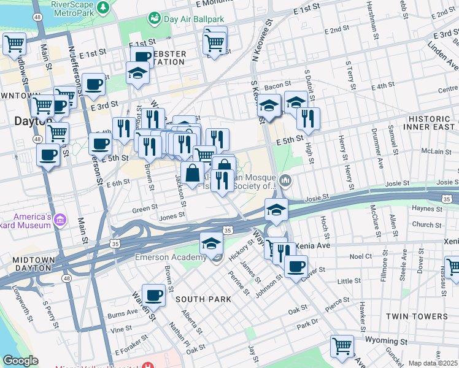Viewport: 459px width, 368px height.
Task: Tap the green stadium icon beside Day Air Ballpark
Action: tap(154, 18)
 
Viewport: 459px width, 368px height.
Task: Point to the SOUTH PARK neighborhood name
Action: tap(202, 299)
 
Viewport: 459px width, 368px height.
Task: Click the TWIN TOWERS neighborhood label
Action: tap(417, 316)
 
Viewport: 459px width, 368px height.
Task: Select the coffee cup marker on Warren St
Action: tap(153, 295)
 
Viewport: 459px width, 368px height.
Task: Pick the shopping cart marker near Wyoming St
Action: tap(341, 346)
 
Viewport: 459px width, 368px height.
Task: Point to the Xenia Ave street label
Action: tap(312, 245)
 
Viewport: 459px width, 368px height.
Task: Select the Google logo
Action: tap(21, 361)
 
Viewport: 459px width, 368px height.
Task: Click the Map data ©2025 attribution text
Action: tap(433, 363)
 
